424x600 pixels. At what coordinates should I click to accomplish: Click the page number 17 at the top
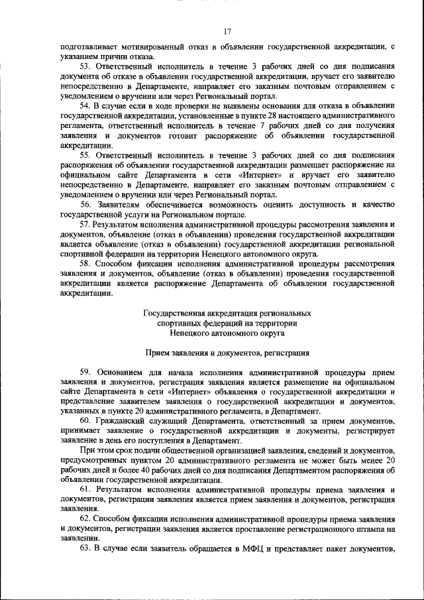tap(227, 31)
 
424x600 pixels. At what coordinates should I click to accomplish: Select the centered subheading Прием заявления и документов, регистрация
tap(227, 353)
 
